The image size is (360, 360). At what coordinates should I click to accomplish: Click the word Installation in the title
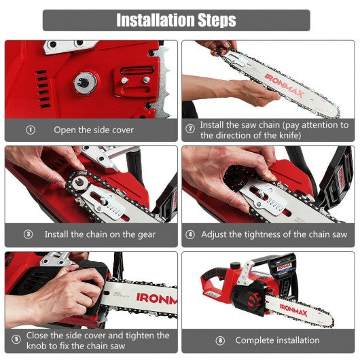click(156, 20)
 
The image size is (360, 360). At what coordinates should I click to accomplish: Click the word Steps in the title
click(217, 20)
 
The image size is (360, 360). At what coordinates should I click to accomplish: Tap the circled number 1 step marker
click(31, 130)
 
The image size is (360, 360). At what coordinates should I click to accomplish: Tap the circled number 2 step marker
click(190, 128)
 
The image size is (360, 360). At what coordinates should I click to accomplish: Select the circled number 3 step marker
click(29, 234)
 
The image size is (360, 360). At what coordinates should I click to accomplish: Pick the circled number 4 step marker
click(190, 234)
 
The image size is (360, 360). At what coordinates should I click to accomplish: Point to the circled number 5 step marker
click(16, 339)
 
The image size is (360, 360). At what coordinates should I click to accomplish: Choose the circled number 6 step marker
click(220, 340)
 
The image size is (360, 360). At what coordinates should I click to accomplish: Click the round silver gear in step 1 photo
click(85, 83)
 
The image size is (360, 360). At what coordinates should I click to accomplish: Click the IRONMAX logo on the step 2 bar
click(284, 86)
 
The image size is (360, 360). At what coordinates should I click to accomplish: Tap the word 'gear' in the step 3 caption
click(147, 235)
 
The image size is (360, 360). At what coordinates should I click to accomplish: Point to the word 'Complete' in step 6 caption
click(253, 340)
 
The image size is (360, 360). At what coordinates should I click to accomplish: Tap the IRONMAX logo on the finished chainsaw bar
click(293, 310)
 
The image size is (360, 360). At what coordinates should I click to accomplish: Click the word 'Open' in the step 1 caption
click(65, 130)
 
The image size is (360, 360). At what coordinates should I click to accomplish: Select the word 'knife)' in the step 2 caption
click(290, 135)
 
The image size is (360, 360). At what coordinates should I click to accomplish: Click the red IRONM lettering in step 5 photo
click(157, 299)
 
